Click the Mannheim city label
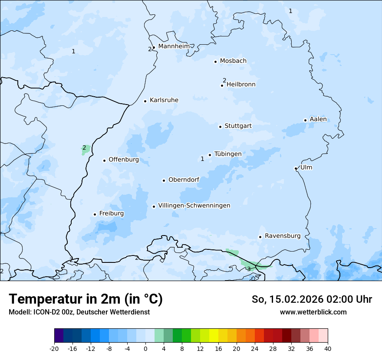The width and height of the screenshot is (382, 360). click(174, 46)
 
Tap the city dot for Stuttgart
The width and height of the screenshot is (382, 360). click(220, 127)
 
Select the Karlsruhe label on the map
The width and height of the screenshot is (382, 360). click(164, 100)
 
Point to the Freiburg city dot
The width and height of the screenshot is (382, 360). click(95, 214)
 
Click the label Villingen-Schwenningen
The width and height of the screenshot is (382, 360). click(194, 206)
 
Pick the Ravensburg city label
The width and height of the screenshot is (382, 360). click(282, 236)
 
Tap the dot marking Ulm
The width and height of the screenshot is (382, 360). click(296, 168)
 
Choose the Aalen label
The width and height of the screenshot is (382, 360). click(318, 119)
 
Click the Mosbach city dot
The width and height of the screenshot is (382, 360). click(215, 62)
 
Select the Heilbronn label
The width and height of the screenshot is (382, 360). click(241, 85)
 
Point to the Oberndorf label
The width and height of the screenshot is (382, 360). click(184, 180)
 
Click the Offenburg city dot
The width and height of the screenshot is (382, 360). click(104, 160)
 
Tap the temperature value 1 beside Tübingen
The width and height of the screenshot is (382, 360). click(202, 159)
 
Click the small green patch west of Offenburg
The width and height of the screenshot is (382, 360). click(86, 150)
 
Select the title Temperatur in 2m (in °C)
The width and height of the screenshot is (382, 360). click(86, 299)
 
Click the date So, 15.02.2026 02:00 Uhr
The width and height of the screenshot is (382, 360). click(312, 299)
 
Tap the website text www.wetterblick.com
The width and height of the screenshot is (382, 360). click(313, 312)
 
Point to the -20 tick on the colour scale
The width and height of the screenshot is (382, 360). click(54, 348)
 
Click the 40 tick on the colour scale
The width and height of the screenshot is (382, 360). click(328, 348)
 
